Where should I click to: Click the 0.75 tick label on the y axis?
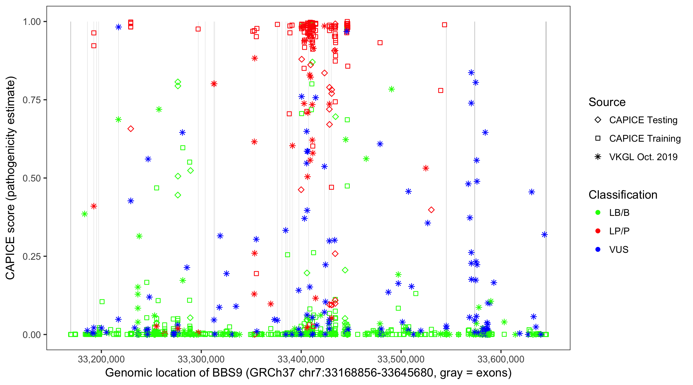(31, 100)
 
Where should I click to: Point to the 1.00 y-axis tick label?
(31, 22)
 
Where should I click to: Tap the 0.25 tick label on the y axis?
(31, 256)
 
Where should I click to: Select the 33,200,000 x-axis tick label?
(101, 359)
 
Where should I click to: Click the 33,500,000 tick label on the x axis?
(401, 359)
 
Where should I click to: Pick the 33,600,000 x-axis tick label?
(501, 359)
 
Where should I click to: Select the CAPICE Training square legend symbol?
(598, 138)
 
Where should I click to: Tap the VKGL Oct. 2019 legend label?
(643, 157)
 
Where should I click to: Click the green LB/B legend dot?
(598, 213)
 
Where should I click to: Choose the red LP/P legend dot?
(598, 231)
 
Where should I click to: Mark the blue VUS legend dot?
(598, 249)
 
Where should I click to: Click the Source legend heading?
(607, 102)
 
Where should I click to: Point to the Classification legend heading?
(623, 195)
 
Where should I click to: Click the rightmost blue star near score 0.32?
(544, 235)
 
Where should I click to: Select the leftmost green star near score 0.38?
(84, 214)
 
